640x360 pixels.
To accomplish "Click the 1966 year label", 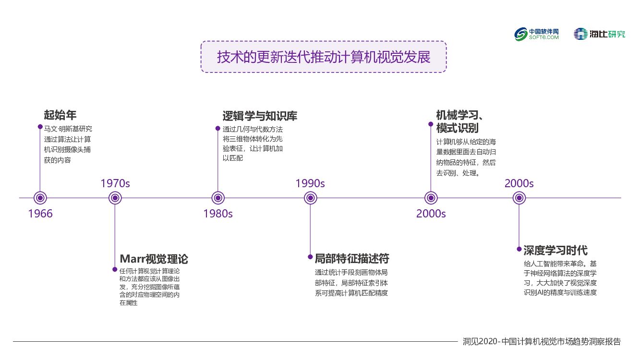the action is pos(40,214).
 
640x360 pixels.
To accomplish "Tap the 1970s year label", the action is pos(115,183).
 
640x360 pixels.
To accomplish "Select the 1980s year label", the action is pos(217,214).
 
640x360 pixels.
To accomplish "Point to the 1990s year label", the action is pos(310,183).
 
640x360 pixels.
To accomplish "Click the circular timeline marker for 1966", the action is pos(40,198).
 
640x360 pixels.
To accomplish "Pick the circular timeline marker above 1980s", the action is pos(218,198).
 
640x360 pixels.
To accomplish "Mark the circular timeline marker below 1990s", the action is pos(310,198).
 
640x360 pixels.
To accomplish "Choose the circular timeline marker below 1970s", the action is pos(115,198).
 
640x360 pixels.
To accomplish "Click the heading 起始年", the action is pos(60,115).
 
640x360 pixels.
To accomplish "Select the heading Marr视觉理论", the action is pos(154,259).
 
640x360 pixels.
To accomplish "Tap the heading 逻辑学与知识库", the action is pos(260,116).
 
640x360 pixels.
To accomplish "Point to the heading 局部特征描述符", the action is pos(352,259).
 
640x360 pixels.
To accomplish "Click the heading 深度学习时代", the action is pos(555,251).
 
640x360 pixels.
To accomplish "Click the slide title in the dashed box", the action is pos(324,57).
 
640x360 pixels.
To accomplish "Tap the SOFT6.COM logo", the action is pos(537,34).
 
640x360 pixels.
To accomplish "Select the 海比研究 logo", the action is pos(600,34).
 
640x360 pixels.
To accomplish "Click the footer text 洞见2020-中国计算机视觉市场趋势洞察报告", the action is pos(542,342).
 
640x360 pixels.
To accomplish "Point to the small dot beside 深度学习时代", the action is pos(519,249).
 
